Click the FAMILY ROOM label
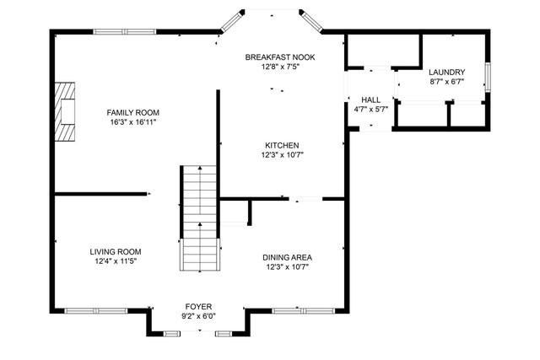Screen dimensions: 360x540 (132, 112)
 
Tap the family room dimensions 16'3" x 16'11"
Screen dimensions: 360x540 (132, 122)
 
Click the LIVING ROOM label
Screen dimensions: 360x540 (116, 251)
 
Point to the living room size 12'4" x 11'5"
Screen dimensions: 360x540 (116, 261)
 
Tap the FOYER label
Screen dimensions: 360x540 (200, 306)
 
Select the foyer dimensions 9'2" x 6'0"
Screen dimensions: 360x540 (200, 316)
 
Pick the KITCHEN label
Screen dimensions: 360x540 (282, 144)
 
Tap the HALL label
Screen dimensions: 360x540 (371, 99)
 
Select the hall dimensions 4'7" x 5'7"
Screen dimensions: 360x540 (371, 109)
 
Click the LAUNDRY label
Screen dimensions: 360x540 (446, 73)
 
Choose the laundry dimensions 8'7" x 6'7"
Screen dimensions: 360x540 (446, 82)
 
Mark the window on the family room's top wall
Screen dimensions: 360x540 (124, 32)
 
